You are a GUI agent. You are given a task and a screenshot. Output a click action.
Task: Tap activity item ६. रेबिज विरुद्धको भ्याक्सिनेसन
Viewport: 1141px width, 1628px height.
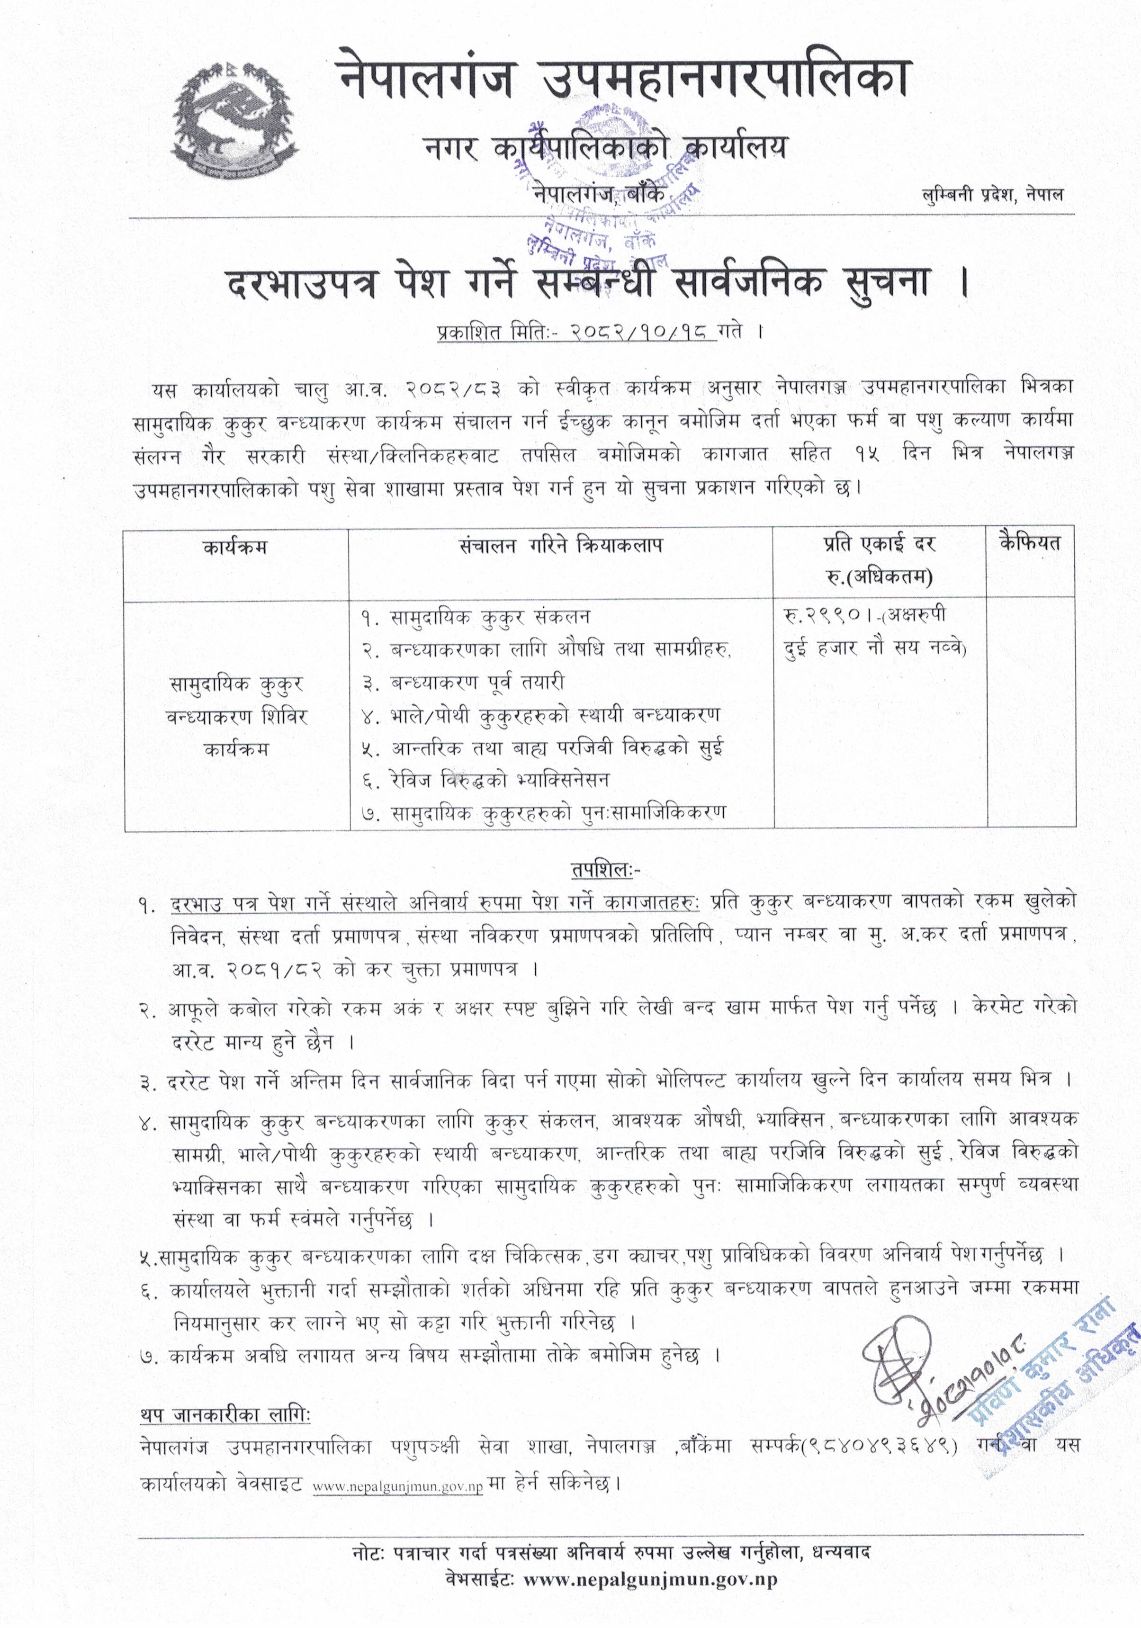[x=486, y=780]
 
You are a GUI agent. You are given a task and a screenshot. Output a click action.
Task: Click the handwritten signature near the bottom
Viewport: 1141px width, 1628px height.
[x=904, y=1365]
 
